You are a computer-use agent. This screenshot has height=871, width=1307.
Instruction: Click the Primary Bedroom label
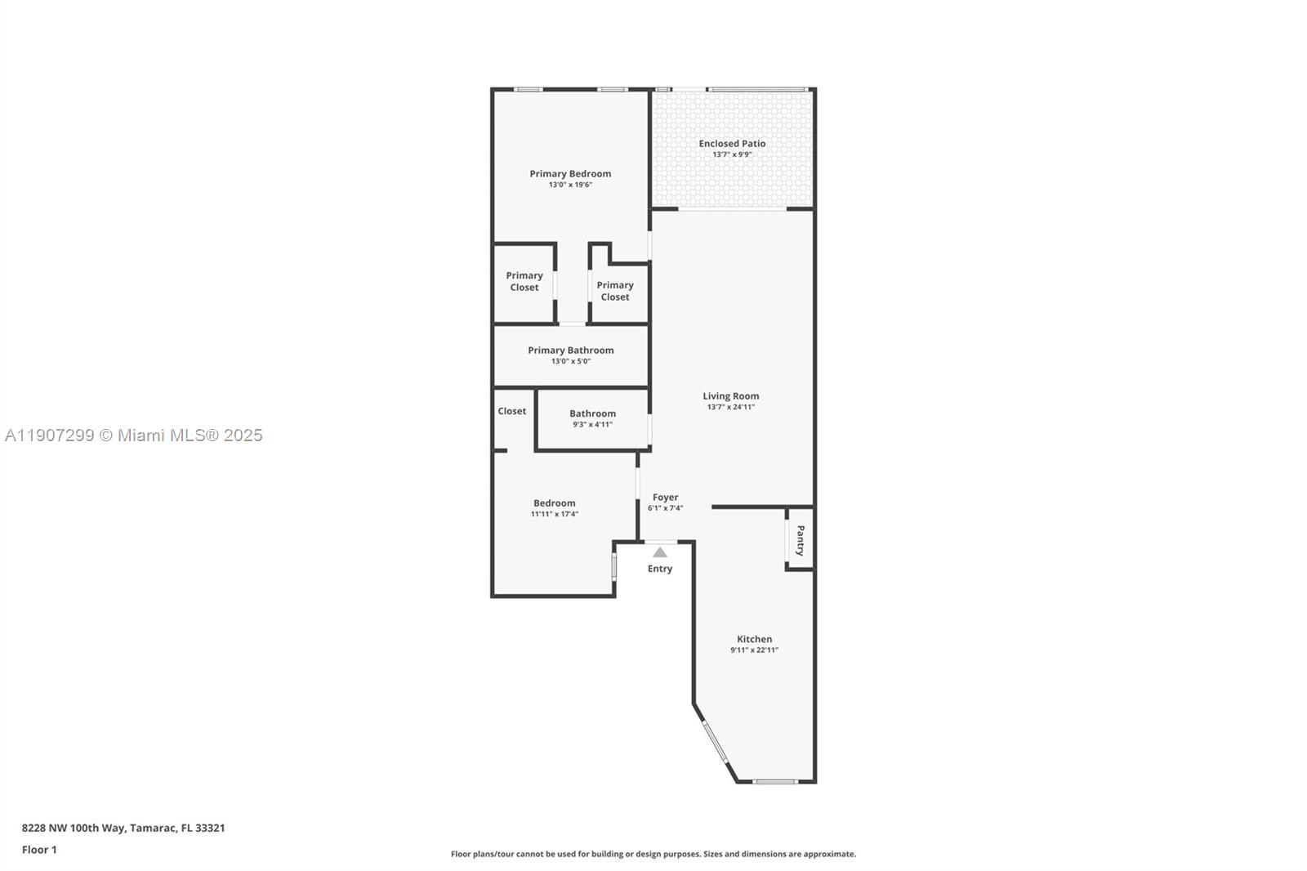570,173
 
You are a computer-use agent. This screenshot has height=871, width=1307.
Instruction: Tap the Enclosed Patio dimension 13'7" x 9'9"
732,154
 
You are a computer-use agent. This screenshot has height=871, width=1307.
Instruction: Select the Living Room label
731,396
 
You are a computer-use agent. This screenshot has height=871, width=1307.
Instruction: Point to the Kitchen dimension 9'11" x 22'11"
754,650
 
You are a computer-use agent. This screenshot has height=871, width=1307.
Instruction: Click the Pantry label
801,540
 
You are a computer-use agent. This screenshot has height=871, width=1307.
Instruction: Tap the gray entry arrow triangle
660,552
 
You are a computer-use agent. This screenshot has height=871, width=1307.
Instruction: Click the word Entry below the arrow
660,569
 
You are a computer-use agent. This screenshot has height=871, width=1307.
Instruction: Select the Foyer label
665,497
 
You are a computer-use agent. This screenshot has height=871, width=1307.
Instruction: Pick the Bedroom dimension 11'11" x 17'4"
555,514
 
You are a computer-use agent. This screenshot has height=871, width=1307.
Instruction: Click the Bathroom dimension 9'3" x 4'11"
592,424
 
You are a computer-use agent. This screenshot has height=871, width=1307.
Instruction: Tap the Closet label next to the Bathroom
512,411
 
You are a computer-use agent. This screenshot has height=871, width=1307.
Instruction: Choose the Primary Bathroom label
570,350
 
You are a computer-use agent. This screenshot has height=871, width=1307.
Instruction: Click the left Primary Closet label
524,281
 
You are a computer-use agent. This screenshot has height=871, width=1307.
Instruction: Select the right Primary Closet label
615,291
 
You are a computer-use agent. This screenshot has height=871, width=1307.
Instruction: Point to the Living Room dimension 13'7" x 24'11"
731,407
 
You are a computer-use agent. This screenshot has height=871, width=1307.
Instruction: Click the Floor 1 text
39,850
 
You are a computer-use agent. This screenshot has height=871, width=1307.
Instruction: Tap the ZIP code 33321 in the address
210,828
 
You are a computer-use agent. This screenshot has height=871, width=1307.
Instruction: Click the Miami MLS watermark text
134,435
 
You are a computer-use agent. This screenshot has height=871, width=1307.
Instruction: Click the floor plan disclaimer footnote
653,854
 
